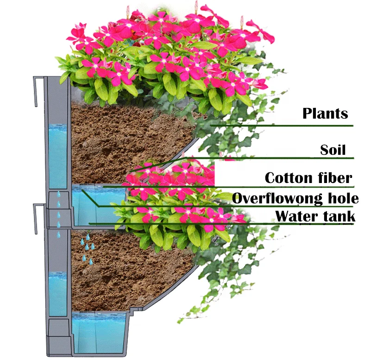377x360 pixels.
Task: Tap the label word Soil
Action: click(333, 150)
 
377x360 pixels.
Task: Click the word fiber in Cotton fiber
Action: click(335, 178)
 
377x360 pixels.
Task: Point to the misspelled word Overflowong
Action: click(277, 199)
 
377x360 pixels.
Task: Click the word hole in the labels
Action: click(342, 199)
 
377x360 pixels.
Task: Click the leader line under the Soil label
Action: click(278, 158)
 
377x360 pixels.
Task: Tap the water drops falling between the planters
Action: click(58, 211)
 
